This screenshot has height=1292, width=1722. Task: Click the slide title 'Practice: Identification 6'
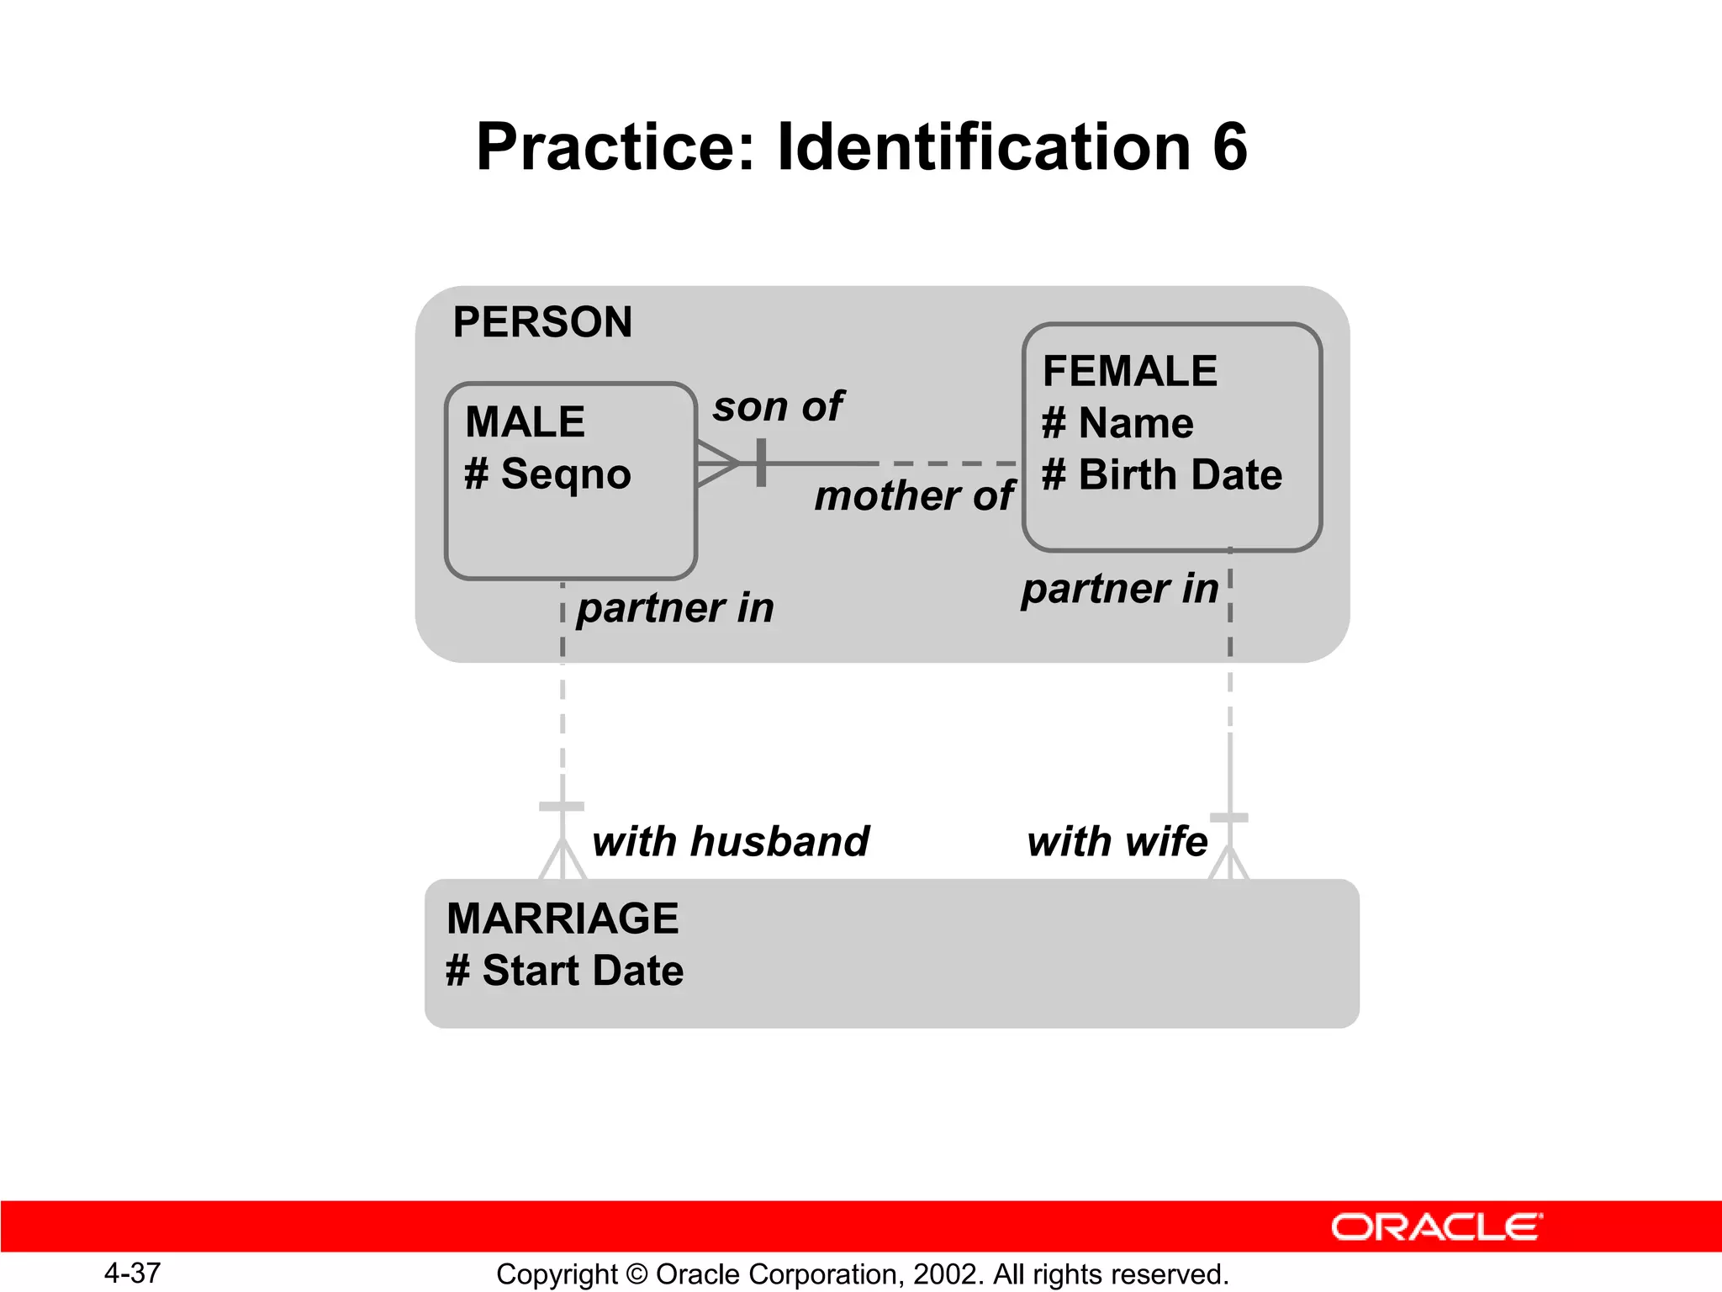861,147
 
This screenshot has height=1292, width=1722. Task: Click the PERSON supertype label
542,322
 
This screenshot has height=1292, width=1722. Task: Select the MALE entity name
525,421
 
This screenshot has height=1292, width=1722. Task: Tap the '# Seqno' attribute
547,474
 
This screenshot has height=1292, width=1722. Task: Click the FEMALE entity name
1129,371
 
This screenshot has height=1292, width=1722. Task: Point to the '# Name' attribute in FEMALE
1117,423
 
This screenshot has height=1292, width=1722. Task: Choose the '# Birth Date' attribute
1162,474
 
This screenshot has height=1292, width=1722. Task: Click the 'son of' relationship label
778,406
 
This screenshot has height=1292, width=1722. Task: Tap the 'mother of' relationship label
914,495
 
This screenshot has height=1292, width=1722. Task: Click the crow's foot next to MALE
717,463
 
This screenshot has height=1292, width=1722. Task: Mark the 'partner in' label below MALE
674,607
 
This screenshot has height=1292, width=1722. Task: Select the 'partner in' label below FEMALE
1119,588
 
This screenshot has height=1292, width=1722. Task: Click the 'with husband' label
730,841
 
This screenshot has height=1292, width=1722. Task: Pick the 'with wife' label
1117,841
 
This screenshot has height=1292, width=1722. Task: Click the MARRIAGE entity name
563,918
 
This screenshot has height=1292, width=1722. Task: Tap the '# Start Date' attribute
565,970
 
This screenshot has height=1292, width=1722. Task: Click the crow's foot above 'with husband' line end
563,860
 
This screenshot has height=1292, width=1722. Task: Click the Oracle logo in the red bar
1436,1227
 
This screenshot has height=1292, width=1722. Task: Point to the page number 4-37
132,1273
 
